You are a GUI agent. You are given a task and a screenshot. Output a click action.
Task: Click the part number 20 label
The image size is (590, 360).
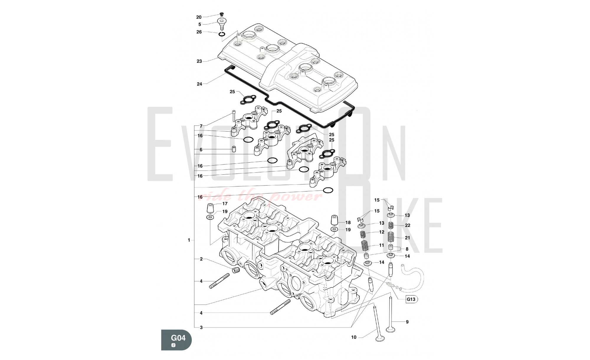pos(199,17)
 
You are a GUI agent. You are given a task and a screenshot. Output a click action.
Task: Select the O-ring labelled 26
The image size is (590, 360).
pos(222,35)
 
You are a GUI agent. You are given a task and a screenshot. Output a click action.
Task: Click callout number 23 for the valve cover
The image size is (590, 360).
pos(199,61)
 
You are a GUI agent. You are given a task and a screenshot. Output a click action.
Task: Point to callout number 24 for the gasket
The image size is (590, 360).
pos(199,84)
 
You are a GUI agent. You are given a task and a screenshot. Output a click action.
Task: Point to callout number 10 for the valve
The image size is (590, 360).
pos(354,337)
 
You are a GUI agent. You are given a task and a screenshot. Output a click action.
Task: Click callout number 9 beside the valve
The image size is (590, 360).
pos(407,322)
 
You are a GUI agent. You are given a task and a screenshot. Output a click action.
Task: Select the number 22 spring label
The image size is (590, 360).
pos(407,225)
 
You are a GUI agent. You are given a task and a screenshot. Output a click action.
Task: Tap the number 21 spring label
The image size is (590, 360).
pos(407,238)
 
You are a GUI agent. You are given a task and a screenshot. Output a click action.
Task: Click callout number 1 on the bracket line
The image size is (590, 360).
pos(189,240)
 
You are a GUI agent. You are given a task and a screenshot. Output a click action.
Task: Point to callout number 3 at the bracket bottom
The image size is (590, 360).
pos(201,328)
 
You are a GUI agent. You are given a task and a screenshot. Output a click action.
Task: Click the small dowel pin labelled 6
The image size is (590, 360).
pos(234,149)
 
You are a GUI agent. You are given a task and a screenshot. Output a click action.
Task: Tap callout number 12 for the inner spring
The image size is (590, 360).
pos(382,232)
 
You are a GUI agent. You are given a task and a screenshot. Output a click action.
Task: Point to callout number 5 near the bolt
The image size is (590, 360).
pos(200,24)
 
